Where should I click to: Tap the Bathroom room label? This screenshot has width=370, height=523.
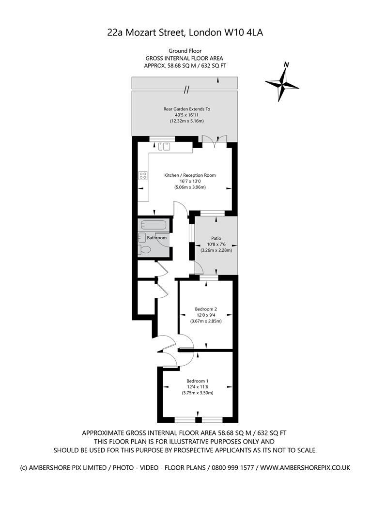point(157,238)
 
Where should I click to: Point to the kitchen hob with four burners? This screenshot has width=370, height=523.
point(143,175)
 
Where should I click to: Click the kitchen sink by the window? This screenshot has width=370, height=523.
point(166,145)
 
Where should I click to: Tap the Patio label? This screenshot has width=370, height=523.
point(216,238)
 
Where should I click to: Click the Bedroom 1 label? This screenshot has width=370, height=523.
point(198,381)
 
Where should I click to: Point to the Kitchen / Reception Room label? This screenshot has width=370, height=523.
point(190,175)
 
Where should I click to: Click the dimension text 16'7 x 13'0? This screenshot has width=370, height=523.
point(190,181)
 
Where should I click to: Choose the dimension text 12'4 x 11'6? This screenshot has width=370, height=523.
point(198,387)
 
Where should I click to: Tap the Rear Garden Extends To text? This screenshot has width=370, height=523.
point(186,109)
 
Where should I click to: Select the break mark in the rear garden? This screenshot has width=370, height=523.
point(186,89)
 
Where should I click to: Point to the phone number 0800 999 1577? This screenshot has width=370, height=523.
point(234,468)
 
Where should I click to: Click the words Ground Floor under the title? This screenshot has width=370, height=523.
point(185,51)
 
